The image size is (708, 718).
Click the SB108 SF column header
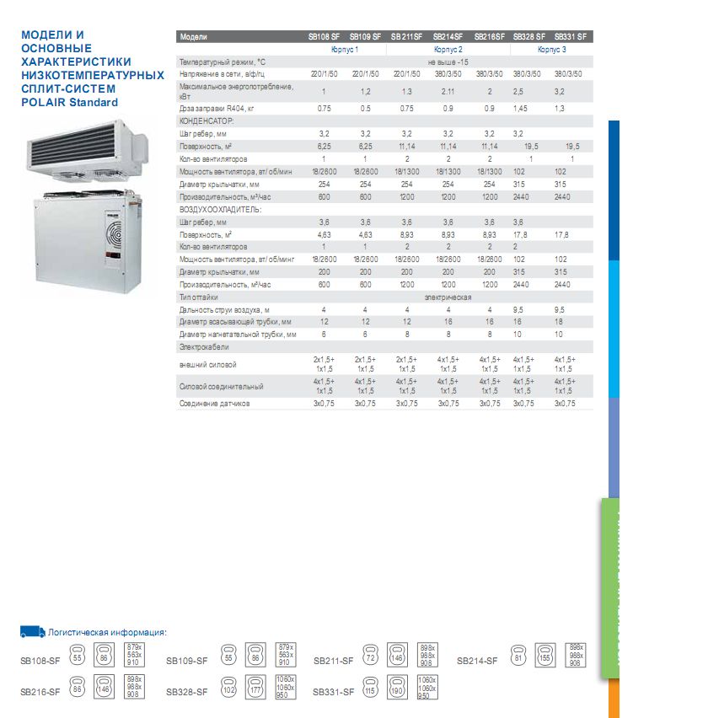[324, 37]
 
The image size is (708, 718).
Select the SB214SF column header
[448, 37]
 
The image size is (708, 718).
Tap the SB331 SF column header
[574, 37]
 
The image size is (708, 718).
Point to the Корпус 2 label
[448, 50]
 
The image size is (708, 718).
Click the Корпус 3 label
[552, 50]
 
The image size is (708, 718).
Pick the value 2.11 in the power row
[448, 91]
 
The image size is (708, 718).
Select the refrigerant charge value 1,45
[522, 109]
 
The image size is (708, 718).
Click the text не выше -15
[448, 62]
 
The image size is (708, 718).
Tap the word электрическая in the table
[447, 297]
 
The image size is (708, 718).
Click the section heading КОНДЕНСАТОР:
[206, 121]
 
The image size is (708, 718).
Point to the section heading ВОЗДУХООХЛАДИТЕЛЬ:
[221, 208]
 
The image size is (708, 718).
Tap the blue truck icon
[32, 631]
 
